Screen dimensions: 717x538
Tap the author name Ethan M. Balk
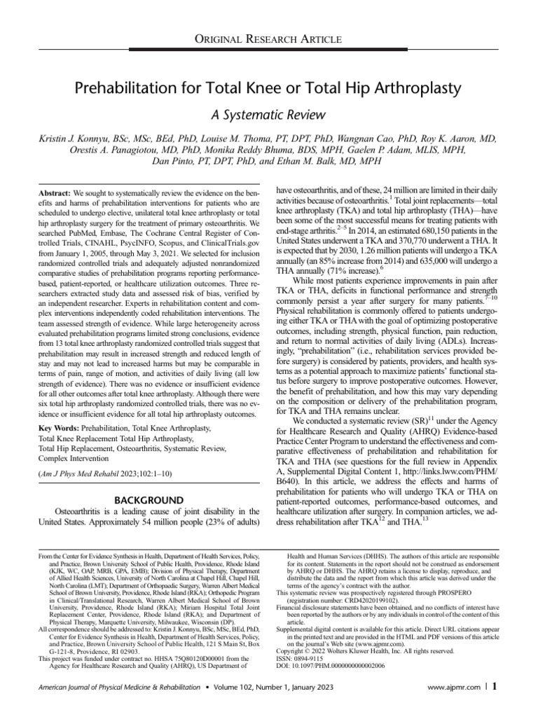343,161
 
